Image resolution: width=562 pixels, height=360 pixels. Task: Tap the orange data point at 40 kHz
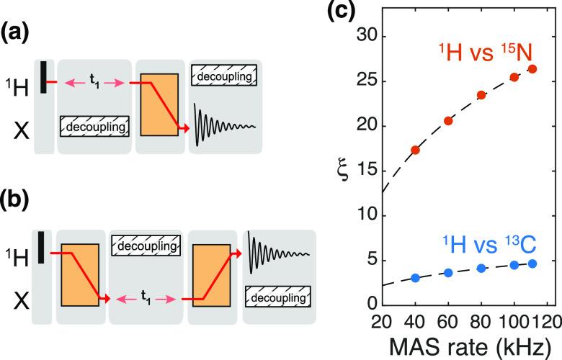415,150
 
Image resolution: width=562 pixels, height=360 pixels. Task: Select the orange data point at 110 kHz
532,69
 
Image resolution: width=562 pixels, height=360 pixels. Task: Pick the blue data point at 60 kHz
448,273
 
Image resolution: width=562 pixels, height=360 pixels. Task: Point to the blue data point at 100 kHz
515,265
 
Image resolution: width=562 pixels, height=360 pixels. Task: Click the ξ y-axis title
344,171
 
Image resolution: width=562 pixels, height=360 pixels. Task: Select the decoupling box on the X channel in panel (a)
94,127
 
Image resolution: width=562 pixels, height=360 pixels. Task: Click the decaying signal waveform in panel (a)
223,120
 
